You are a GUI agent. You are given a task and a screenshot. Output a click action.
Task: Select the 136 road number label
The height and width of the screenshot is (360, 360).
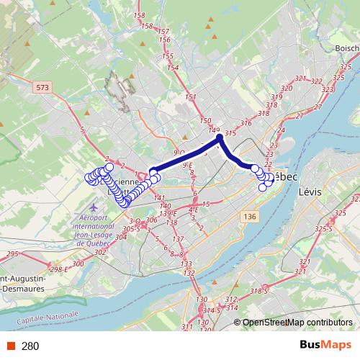click(x=249, y=217)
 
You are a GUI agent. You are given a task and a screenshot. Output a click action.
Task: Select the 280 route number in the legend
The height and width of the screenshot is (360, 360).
click(x=30, y=346)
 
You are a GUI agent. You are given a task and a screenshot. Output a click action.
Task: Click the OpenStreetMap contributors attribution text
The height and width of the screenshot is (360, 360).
click(x=297, y=323)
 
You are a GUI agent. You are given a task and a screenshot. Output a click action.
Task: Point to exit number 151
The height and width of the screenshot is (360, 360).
click(x=191, y=97)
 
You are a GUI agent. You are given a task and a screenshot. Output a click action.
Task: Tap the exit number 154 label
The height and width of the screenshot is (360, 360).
click(x=173, y=68)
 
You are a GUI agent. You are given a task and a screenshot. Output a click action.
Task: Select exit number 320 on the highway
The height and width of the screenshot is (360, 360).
click(x=287, y=88)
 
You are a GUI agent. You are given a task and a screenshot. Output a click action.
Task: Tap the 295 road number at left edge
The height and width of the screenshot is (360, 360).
click(x=12, y=254)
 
